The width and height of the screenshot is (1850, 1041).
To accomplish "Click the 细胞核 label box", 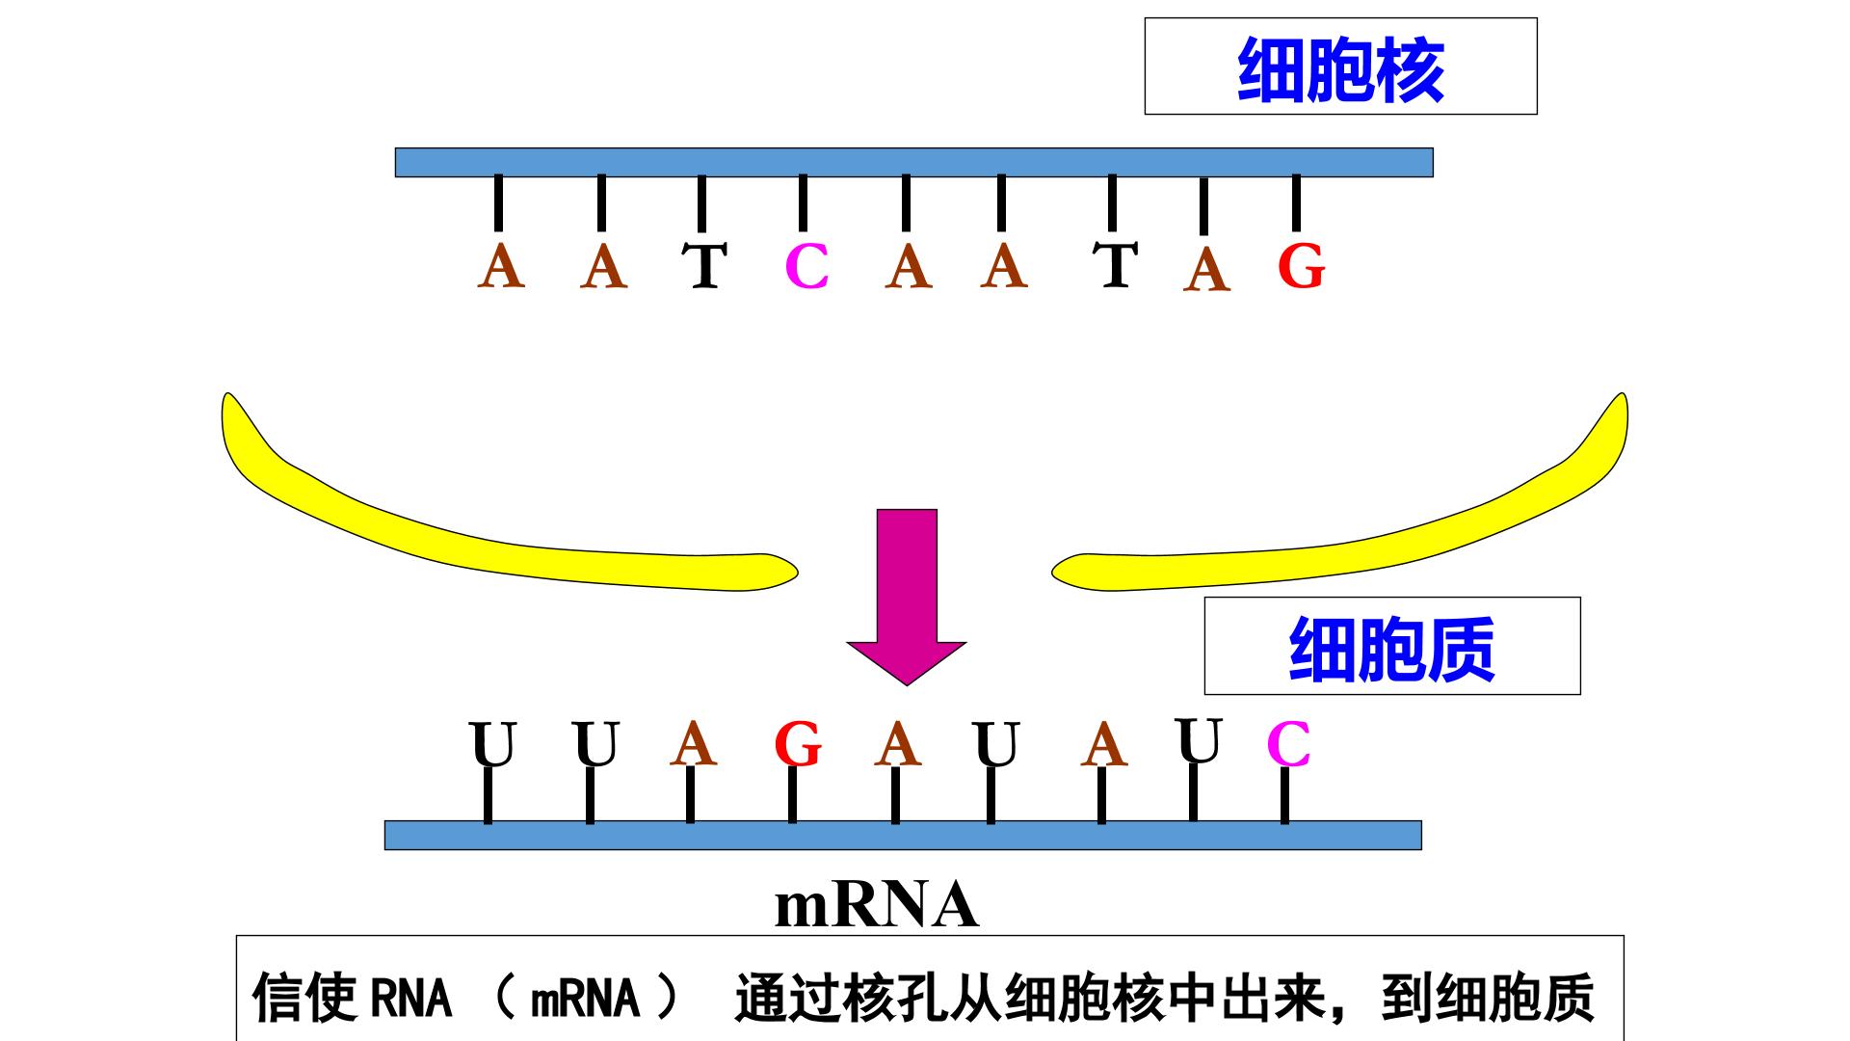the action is (1340, 67).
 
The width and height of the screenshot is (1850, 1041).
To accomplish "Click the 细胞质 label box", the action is (1392, 646).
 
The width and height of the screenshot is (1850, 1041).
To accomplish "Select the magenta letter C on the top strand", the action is (807, 267).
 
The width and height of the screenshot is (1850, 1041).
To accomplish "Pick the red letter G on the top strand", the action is (1302, 265).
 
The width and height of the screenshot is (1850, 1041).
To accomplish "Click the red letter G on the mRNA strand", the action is (798, 744).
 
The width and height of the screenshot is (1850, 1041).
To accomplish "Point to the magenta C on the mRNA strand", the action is (1288, 743).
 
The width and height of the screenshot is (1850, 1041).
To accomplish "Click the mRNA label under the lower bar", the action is (877, 905).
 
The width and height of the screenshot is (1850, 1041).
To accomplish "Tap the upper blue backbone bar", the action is (913, 162).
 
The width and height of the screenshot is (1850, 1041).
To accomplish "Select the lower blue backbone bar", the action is (903, 835).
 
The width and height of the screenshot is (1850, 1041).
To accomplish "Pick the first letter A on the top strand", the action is (501, 266).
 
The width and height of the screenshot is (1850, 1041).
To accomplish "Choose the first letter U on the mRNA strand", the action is (492, 744).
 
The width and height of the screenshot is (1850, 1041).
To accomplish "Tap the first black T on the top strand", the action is (704, 266).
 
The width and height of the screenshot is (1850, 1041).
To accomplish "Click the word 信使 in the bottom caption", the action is (304, 998).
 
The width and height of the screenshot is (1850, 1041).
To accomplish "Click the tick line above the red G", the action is (1296, 203).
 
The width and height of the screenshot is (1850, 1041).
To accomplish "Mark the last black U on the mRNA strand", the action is (1200, 740).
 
